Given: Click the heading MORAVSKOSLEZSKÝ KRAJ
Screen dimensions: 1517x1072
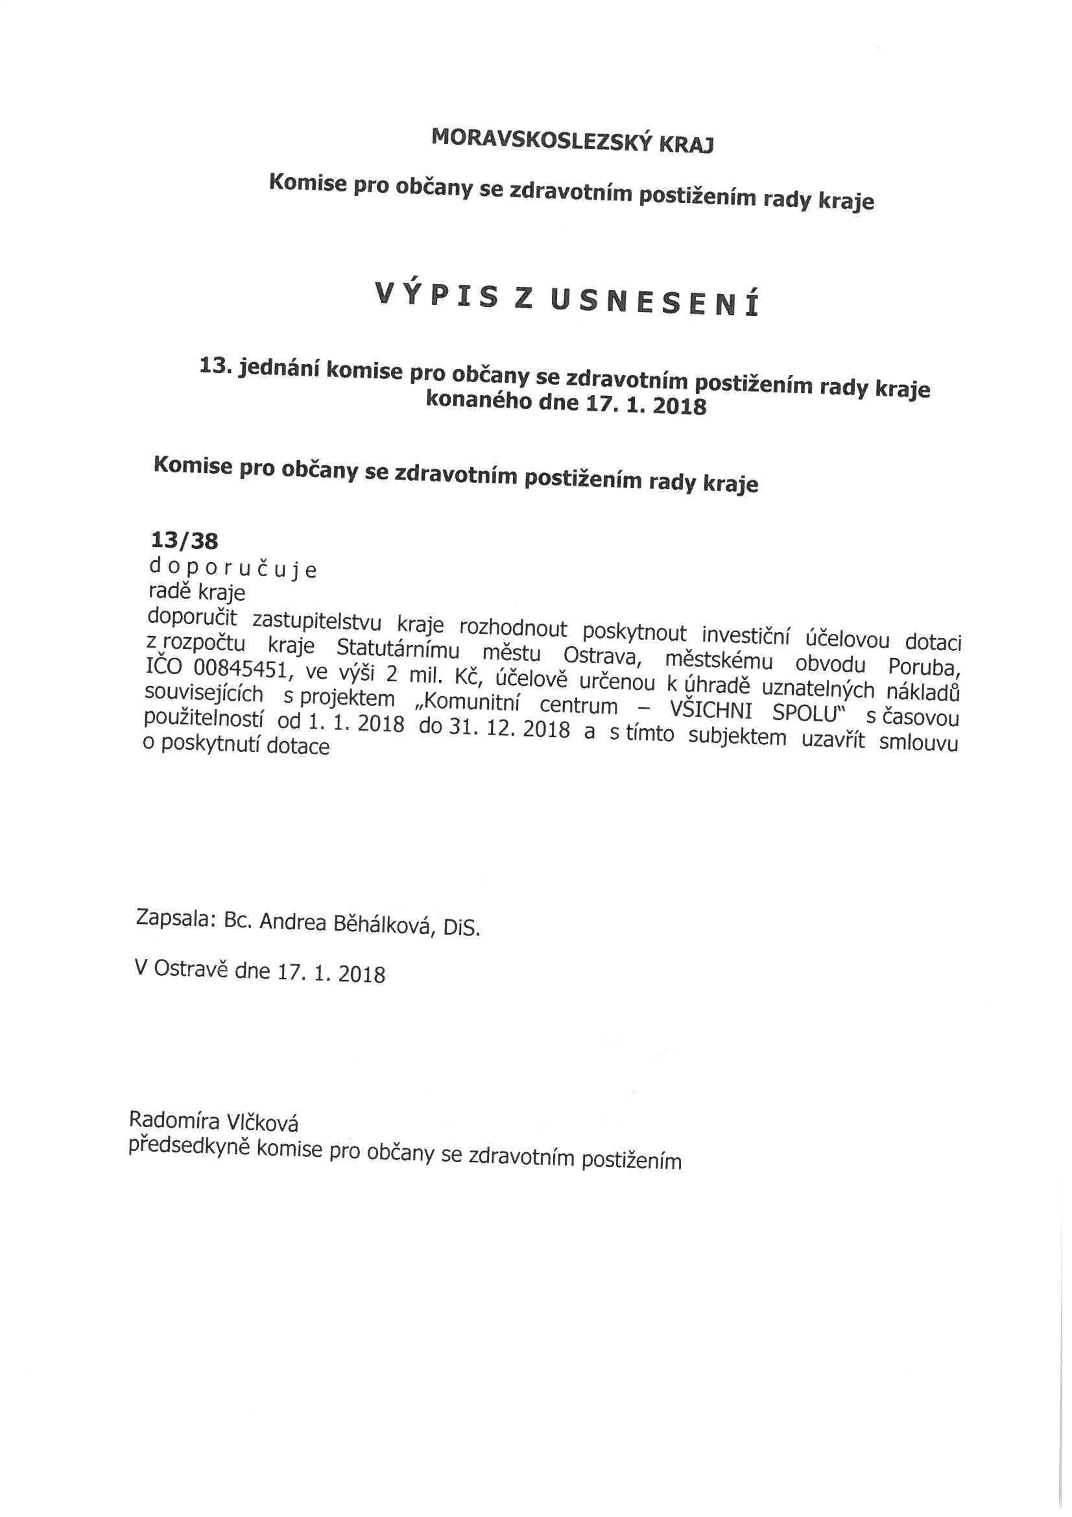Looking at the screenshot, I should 572,140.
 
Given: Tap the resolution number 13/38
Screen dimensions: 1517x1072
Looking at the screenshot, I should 184,541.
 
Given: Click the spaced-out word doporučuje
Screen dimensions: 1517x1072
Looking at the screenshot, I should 233,568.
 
